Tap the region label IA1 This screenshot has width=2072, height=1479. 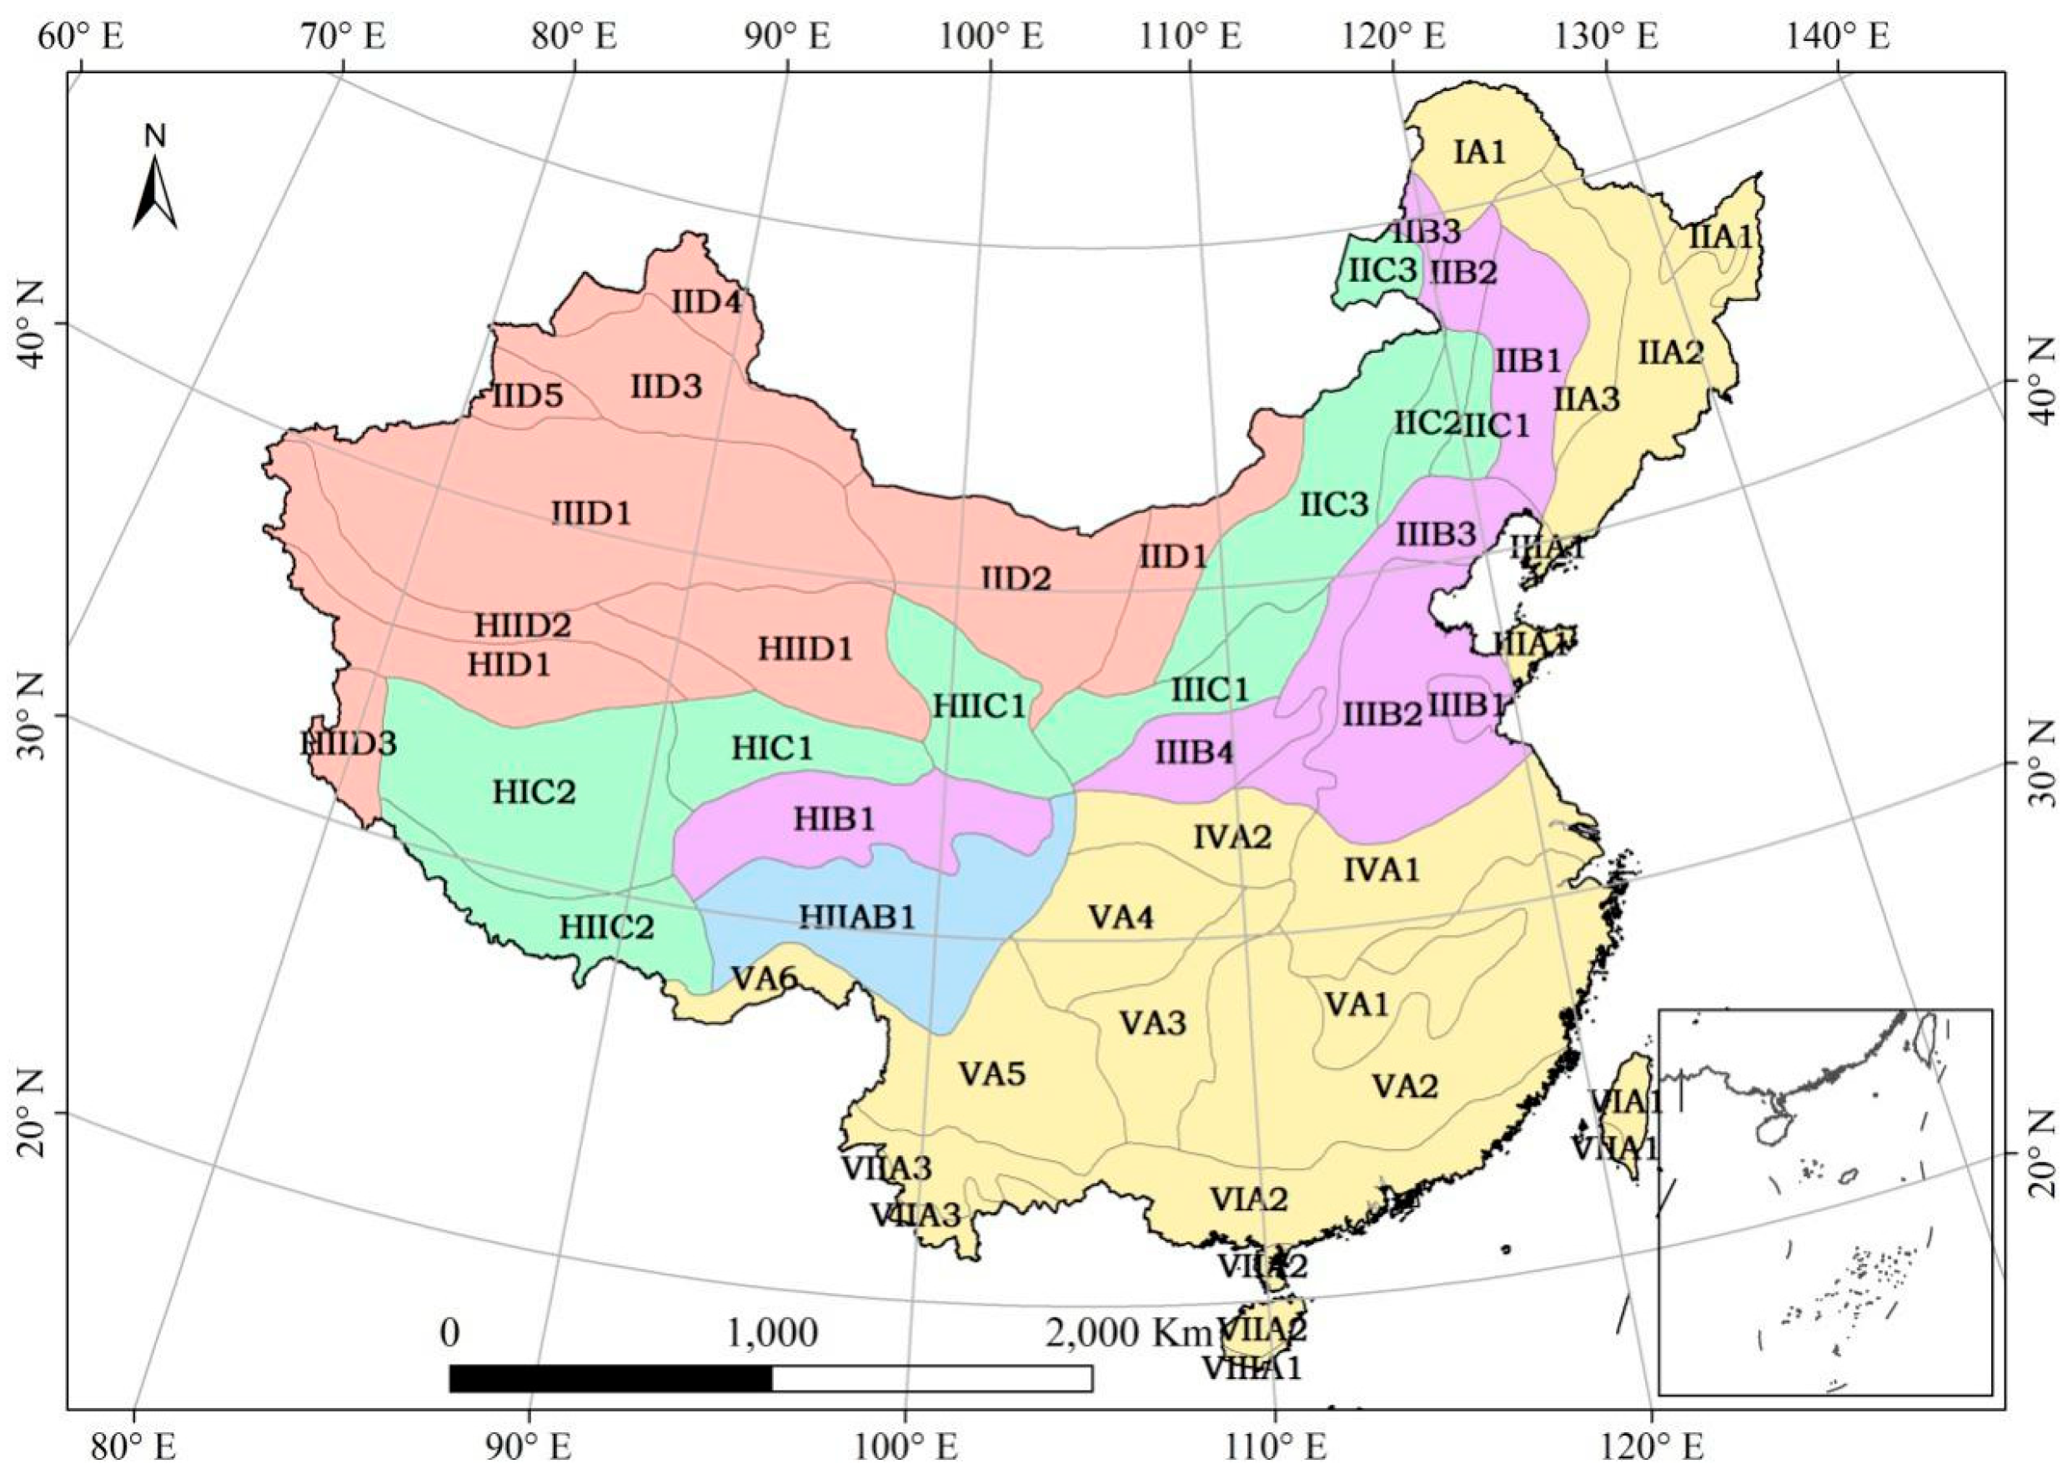click(1479, 151)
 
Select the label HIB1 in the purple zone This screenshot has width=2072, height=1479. click(834, 818)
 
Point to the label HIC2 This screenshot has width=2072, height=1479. click(534, 792)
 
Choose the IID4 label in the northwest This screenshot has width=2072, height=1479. click(706, 301)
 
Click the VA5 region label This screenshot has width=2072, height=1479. click(992, 1074)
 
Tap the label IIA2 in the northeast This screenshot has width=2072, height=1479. click(1671, 351)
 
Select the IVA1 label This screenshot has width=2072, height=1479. click(1382, 870)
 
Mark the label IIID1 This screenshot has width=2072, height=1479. click(592, 514)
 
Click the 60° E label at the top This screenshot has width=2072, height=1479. click(81, 38)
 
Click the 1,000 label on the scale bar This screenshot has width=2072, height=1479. click(772, 1332)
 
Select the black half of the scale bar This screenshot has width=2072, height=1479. click(611, 1379)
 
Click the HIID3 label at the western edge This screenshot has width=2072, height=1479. click(349, 744)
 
